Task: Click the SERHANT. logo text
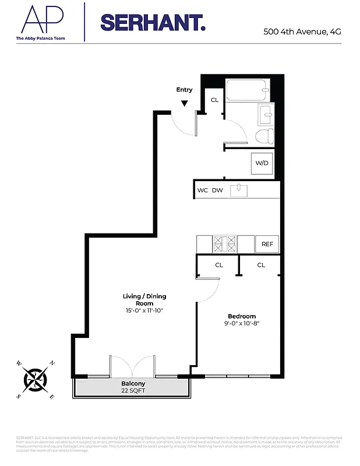(153, 23)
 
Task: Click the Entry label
(184, 90)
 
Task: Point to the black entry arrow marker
(184, 103)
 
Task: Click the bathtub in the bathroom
(247, 90)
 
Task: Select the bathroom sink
(267, 114)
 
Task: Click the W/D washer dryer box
(262, 163)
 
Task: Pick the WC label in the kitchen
(203, 190)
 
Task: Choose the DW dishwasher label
(217, 190)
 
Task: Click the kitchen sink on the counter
(238, 190)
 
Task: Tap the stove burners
(224, 243)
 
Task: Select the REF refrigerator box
(267, 244)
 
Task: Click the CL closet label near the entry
(214, 100)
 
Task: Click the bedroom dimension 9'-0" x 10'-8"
(242, 324)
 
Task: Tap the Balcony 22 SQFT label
(133, 387)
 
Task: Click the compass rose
(35, 379)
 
